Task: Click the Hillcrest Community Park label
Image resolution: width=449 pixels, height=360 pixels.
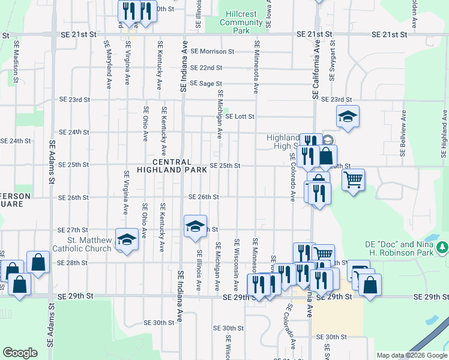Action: [x=242, y=22]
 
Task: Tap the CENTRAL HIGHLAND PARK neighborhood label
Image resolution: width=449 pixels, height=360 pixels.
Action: [x=172, y=166]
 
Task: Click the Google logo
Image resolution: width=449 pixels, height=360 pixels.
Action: [x=20, y=353]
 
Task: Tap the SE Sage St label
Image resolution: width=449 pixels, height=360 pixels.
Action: [x=206, y=84]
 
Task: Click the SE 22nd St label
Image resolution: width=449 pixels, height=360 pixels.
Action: [x=206, y=68]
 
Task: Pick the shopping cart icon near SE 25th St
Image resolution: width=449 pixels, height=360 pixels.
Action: [x=353, y=179]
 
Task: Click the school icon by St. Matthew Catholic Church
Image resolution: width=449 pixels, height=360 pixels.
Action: [x=127, y=240]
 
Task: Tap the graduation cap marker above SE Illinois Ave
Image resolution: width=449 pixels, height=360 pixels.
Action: [x=195, y=226]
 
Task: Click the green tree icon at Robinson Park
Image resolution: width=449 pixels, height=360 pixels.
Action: [x=442, y=247]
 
